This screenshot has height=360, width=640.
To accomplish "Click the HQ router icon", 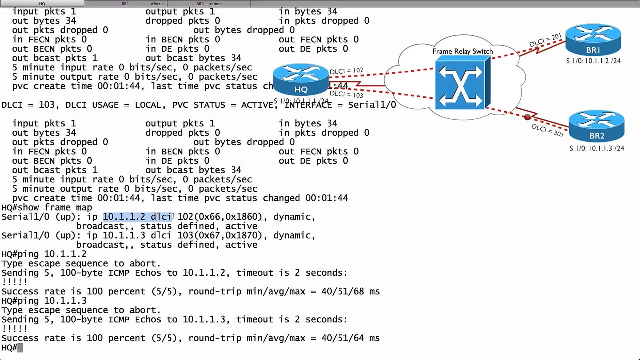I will tap(301, 80).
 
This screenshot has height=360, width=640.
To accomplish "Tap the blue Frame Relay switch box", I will tap(462, 82).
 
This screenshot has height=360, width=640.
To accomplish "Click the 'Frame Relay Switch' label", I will tap(463, 51).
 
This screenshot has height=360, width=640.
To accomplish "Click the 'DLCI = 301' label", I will tap(547, 131).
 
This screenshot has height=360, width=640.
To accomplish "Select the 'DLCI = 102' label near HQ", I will tap(346, 71).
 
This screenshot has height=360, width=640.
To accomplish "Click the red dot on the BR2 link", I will tap(527, 117).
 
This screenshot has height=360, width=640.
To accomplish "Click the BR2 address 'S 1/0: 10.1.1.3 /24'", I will tap(597, 148).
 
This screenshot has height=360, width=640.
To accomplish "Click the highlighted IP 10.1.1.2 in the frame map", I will tap(124, 217).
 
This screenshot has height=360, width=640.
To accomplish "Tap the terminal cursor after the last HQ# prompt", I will tap(20, 348).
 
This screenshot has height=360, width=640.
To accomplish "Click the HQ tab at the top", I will tap(42, 3).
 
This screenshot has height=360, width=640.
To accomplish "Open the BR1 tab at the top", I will tap(125, 3).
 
